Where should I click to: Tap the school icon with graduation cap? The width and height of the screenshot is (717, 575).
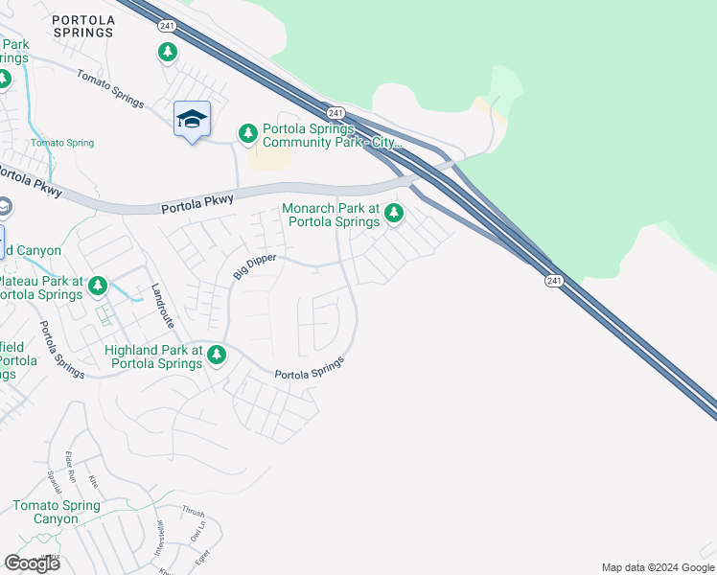point(192,119)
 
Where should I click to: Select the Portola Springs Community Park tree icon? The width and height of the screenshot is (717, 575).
point(248,135)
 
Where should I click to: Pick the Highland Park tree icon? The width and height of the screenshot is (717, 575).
point(217,356)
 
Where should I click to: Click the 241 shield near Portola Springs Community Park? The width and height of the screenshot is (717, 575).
point(335,113)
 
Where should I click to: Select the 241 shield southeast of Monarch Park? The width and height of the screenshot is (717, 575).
point(554,280)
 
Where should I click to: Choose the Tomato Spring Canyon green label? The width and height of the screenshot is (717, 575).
point(57,512)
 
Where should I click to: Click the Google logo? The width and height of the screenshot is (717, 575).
point(32,563)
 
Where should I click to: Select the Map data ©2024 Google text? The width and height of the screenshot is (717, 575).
point(658,567)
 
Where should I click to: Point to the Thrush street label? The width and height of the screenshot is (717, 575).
point(193,512)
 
